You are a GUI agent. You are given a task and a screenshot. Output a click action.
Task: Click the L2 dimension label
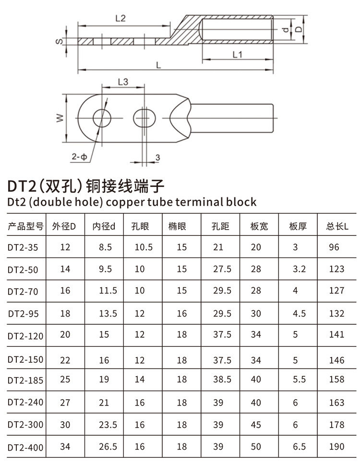(x=120, y=18)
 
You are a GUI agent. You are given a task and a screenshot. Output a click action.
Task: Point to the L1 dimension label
(x=237, y=54)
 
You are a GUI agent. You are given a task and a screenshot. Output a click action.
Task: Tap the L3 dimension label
(x=123, y=82)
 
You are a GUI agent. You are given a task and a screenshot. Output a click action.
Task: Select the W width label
(x=60, y=118)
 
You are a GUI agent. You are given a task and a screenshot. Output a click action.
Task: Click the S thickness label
(x=59, y=41)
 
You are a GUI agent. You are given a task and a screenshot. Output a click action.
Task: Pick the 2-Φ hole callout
(x=79, y=156)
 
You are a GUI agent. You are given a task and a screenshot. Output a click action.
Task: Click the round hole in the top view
(x=102, y=118)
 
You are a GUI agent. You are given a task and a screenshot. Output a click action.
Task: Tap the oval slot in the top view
(x=144, y=118)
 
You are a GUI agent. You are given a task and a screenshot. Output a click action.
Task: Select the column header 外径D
(x=64, y=226)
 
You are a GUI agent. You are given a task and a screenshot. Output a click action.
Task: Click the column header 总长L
(x=337, y=226)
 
